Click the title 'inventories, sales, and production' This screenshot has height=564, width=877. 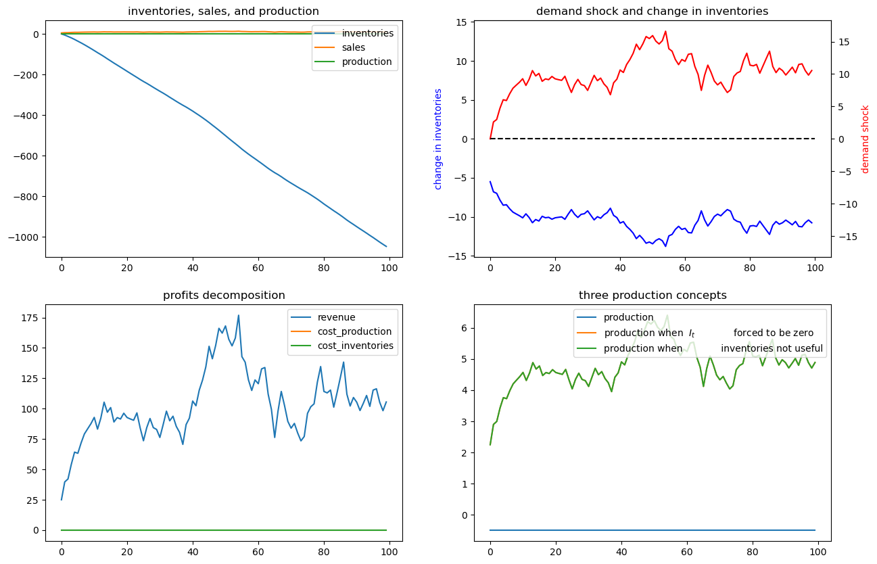coord(223,11)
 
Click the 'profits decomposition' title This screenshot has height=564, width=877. coord(224,295)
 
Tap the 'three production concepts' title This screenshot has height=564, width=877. coord(653,295)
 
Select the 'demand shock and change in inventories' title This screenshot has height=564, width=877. coord(652,11)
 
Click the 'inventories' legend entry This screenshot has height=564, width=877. coord(367,33)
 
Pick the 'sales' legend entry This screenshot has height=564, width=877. coord(354,47)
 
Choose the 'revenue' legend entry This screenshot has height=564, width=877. coord(336,317)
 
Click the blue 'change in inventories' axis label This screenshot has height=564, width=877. coord(438,139)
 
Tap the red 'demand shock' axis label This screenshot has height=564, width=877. coord(865,139)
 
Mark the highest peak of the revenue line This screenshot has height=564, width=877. coord(238,315)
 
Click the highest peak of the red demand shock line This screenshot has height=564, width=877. coord(665,31)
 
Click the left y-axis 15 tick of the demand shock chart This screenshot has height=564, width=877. coord(460,22)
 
